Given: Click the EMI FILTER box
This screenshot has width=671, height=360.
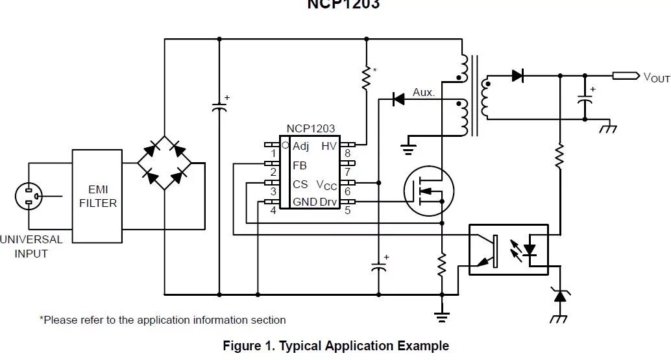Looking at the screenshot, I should [x=97, y=196].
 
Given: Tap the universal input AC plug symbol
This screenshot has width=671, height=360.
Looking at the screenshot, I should [x=29, y=196].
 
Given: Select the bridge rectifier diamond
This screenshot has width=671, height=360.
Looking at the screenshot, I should [x=164, y=162].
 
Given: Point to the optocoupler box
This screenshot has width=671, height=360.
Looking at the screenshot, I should [x=509, y=250].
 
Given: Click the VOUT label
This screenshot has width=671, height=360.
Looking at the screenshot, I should [x=656, y=78].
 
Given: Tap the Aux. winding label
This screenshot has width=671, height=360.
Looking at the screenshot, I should [x=423, y=92].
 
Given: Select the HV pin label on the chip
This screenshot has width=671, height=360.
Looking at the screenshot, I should [x=329, y=146].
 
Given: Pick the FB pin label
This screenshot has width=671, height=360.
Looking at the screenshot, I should [x=299, y=165].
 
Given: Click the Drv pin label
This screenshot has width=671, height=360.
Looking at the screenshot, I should [x=328, y=202].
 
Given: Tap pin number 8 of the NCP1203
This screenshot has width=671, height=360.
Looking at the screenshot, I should [x=348, y=154].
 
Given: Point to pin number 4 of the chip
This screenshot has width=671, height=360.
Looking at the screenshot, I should [x=273, y=210].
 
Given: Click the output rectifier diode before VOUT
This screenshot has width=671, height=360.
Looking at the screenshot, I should [x=517, y=75].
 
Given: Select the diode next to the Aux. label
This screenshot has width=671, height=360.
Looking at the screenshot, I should [x=398, y=99].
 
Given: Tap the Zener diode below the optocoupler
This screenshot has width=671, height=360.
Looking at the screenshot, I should [x=559, y=296].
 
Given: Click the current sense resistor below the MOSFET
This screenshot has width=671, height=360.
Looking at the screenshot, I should [x=442, y=264].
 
